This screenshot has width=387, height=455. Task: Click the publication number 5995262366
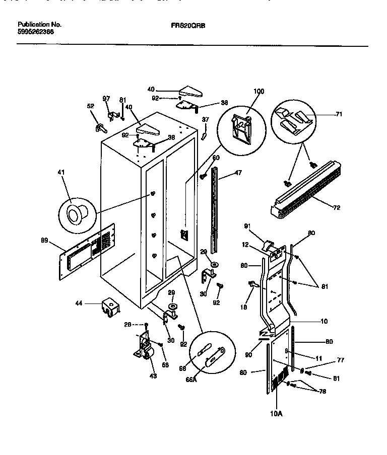click(x=36, y=32)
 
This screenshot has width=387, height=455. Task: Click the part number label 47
click(x=238, y=173)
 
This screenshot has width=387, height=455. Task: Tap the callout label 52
click(x=91, y=106)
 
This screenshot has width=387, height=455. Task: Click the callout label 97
click(x=106, y=99)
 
